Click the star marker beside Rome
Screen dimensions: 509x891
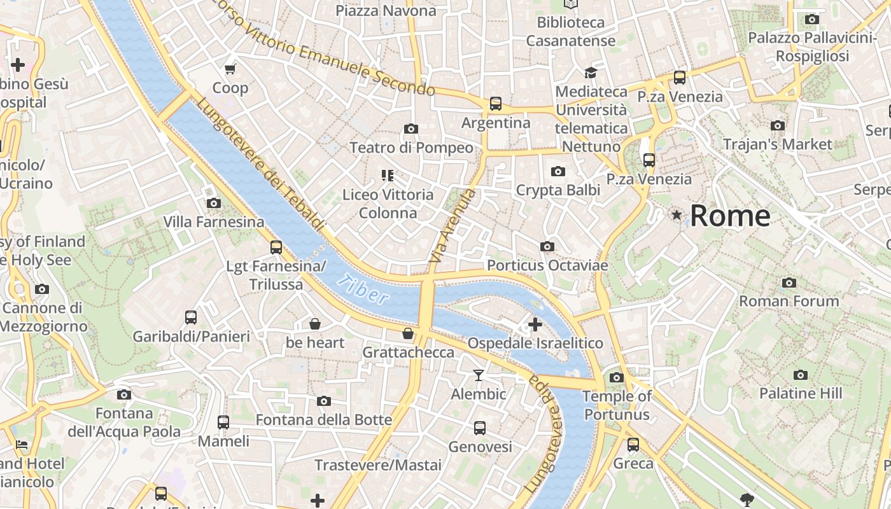[x=677, y=216]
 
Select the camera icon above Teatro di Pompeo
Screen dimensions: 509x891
[x=411, y=129]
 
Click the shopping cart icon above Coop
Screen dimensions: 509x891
[x=230, y=69]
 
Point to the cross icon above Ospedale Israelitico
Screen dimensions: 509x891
[x=535, y=324]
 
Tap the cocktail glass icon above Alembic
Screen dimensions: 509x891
[x=479, y=375]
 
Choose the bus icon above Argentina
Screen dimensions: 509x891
[x=496, y=104]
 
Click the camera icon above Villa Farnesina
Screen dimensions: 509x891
[x=214, y=204]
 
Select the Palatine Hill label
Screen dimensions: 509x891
[x=801, y=394]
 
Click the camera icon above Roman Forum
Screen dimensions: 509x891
[x=789, y=282]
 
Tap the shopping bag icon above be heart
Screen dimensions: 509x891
[x=314, y=324]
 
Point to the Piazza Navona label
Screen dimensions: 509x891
[x=386, y=11]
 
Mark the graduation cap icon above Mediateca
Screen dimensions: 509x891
[x=591, y=73]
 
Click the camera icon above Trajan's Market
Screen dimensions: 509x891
[x=778, y=125]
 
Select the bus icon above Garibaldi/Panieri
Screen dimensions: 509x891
[x=191, y=317]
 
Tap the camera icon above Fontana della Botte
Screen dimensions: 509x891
[x=324, y=401]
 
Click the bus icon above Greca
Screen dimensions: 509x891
[x=633, y=445]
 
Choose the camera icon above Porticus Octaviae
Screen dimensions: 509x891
[x=547, y=246]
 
